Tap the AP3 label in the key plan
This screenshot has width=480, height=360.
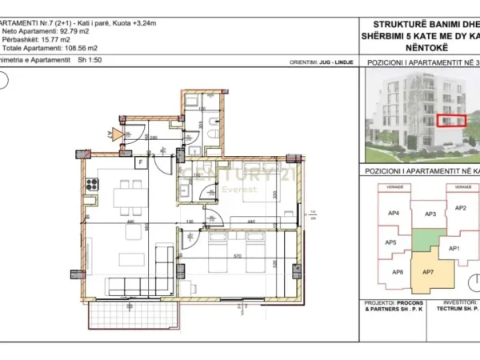(x=430, y=214)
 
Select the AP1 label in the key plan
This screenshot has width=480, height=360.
(x=454, y=249)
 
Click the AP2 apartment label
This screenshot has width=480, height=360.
(x=460, y=208)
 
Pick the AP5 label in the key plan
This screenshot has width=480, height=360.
(x=390, y=242)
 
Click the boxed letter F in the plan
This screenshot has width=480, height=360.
(x=140, y=162)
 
